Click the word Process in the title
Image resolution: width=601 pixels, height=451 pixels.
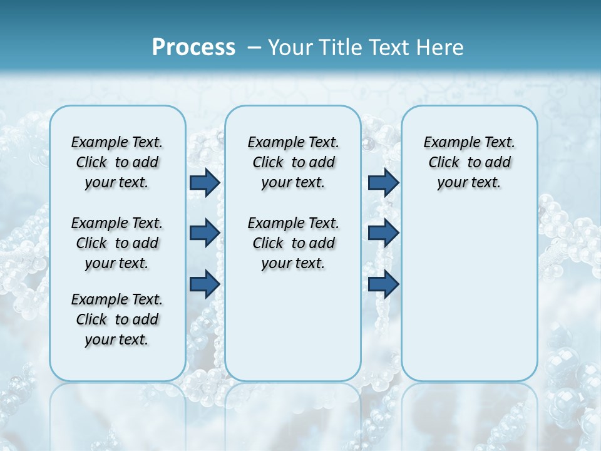pos(193,47)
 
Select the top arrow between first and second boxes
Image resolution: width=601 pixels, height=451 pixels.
pos(205,182)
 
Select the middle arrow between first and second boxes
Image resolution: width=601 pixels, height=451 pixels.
pos(205,233)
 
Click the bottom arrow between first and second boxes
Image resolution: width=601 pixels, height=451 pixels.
pos(205,284)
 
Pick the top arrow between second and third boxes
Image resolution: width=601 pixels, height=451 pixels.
pos(383,182)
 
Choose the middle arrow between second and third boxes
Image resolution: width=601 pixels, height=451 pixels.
pos(383,233)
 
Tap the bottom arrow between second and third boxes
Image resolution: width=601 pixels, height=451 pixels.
pos(383,284)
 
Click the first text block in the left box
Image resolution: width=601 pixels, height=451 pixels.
pos(117,162)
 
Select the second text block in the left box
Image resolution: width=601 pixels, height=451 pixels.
pos(117,243)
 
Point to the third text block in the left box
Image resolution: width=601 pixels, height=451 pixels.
pos(117,319)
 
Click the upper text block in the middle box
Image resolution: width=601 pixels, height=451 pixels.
pos(293,162)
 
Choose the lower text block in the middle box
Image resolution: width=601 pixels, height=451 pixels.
pos(293,243)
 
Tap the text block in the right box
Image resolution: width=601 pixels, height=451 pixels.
pos(469,162)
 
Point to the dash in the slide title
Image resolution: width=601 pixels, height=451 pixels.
pos(254,48)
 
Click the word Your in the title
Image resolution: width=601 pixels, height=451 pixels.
pos(290,47)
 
